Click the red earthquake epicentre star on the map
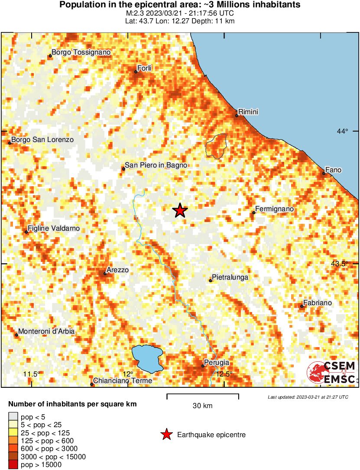(180, 210)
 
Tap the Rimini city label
(248, 112)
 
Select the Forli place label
(145, 68)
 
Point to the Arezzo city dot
(105, 274)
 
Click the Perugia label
(216, 363)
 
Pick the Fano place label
(334, 170)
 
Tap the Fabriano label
(318, 303)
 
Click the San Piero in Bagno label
(156, 165)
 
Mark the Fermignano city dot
(253, 212)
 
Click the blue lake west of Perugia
(147, 358)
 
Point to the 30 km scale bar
(203, 396)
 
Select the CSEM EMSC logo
(331, 373)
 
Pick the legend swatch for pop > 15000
(13, 465)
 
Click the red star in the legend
(166, 435)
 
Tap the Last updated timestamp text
(308, 397)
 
